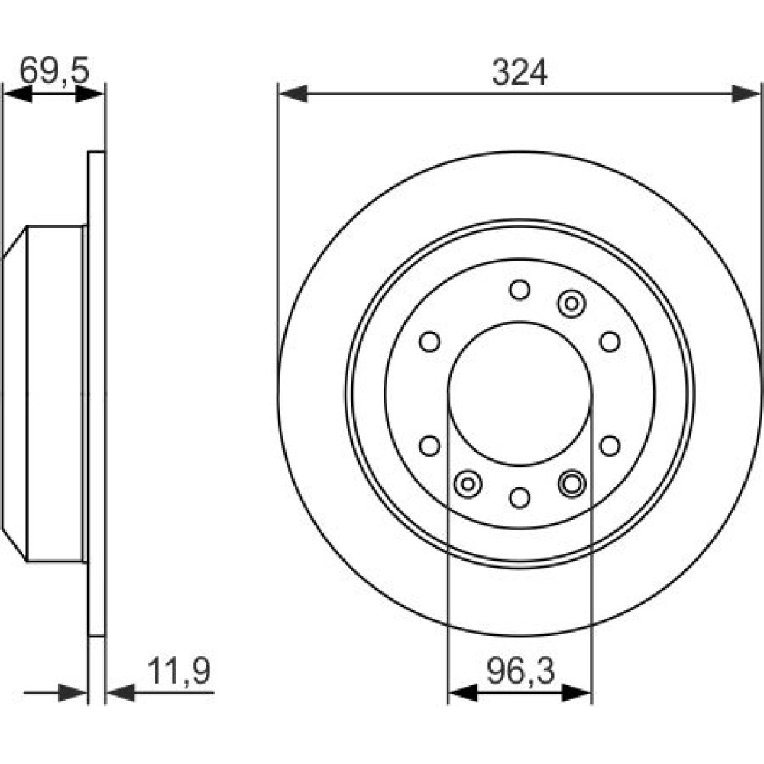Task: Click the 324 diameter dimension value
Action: click(x=520, y=73)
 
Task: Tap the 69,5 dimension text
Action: click(x=54, y=70)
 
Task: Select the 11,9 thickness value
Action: click(x=179, y=671)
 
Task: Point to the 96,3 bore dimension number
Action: click(x=520, y=671)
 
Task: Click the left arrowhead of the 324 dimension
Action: click(x=293, y=93)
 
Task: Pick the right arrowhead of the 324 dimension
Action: click(x=746, y=93)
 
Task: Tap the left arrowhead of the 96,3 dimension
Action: click(x=462, y=692)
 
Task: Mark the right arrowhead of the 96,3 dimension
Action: click(x=576, y=692)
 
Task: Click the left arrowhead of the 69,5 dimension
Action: click(x=18, y=93)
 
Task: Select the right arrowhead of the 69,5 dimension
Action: click(x=90, y=93)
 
